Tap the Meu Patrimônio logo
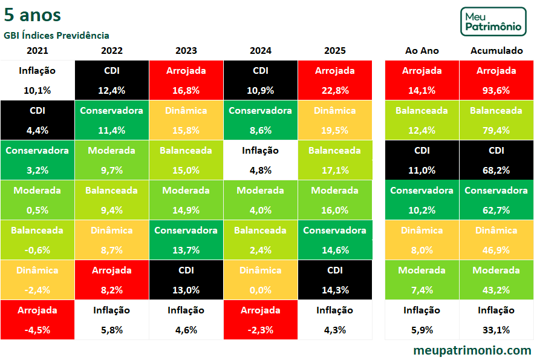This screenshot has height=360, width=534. [493, 21]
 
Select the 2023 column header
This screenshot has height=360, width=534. [186, 51]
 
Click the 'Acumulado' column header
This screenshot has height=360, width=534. [496, 51]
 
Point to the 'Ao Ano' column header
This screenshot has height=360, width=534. [422, 51]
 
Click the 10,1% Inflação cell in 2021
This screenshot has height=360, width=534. [37, 80]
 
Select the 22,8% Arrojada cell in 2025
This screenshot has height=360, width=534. [335, 80]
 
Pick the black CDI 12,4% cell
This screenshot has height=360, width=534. [112, 80]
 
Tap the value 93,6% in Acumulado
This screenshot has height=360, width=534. [496, 90]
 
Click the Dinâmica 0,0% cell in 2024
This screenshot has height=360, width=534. [261, 280]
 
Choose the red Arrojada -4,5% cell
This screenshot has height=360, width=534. [37, 319]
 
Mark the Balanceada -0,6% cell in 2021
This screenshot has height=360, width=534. [37, 240]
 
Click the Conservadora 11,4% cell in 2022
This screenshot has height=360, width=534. [112, 120]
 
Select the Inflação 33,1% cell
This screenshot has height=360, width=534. [496, 319]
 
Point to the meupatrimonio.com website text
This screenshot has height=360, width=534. [472, 350]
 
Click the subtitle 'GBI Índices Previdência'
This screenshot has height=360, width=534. [56, 36]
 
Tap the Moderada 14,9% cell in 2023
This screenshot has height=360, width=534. [186, 200]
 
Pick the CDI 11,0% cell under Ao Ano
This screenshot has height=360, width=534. [422, 160]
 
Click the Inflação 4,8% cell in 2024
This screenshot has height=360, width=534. [261, 160]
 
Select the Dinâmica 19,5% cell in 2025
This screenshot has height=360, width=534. [335, 120]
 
